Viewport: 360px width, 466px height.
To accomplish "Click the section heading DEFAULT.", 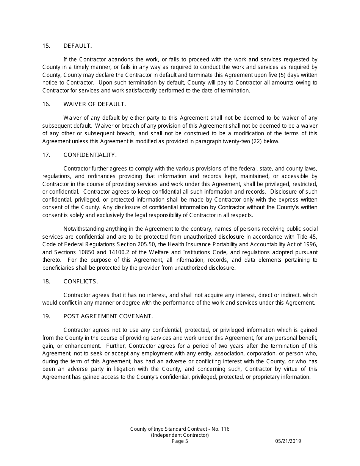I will click(x=78, y=46).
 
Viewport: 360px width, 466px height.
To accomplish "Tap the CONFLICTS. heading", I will click(x=81, y=281).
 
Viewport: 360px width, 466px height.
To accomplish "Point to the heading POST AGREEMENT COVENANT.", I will click(x=108, y=316).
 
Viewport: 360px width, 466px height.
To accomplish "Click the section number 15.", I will click(x=46, y=46).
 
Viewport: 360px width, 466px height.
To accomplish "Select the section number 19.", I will click(x=46, y=316).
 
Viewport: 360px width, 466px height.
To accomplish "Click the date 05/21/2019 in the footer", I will click(x=288, y=441).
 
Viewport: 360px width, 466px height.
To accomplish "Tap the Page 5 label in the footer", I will click(x=180, y=441).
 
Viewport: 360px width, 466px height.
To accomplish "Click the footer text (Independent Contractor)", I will click(x=180, y=435).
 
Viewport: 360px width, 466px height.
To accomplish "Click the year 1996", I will click(x=310, y=244).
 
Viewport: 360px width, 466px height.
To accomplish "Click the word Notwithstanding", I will click(x=83, y=229).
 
